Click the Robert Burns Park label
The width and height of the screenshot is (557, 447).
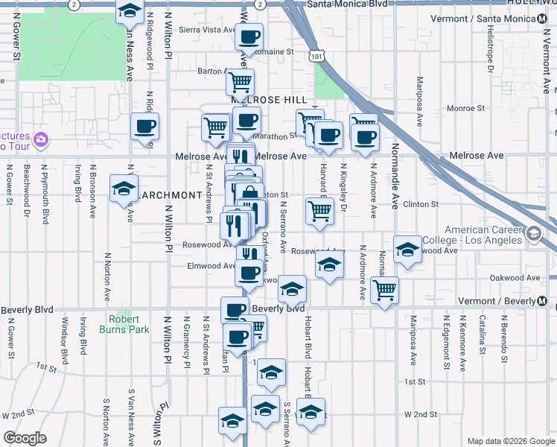click(124, 323)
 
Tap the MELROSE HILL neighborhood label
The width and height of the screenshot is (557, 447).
click(269, 100)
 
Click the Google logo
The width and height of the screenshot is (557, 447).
click(25, 438)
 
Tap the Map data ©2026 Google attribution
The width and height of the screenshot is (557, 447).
click(509, 441)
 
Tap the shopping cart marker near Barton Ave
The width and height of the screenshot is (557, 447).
click(241, 81)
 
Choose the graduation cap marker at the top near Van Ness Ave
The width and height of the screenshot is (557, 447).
click(130, 11)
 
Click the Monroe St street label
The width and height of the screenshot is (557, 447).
click(465, 109)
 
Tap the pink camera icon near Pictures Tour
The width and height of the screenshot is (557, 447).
click(40, 139)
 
